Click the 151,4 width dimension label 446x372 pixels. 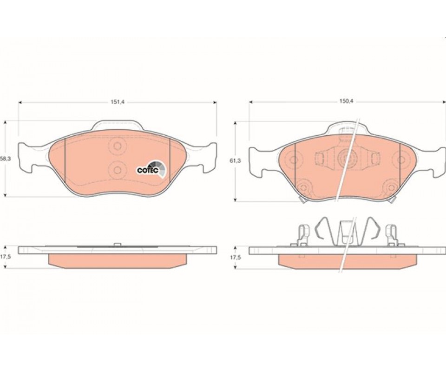pos(118,102)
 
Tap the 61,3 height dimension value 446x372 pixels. pos(235,161)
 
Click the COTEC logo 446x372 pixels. pos(151,170)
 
